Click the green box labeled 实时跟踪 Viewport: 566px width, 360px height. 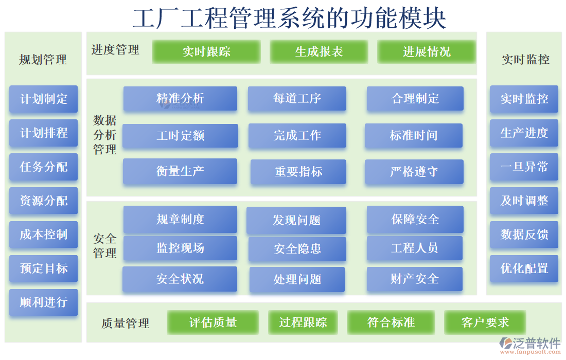[206, 51]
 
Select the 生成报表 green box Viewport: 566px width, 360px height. [319, 51]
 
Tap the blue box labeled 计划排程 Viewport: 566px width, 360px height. [43, 133]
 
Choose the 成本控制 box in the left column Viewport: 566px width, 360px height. [43, 235]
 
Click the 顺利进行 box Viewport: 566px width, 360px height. [43, 302]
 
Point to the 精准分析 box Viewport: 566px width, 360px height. [180, 98]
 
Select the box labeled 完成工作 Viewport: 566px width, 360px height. [297, 135]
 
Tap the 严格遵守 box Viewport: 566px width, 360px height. [414, 171]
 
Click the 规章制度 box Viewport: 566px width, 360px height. [180, 219]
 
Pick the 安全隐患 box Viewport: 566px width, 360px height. [297, 248]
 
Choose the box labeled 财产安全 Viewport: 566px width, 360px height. [414, 279]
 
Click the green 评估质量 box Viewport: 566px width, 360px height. [213, 322]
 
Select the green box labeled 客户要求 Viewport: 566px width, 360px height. [485, 322]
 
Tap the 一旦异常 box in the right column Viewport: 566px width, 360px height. [524, 167]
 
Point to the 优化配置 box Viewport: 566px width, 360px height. [524, 268]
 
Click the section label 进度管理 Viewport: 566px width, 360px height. [115, 50]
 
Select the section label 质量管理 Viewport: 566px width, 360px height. [125, 323]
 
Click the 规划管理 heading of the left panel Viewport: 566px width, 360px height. [43, 60]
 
